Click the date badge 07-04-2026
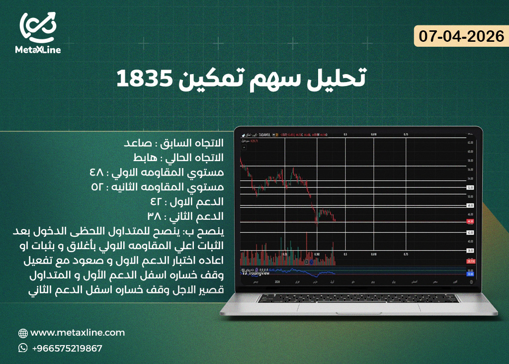tap(461, 37)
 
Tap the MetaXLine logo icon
tap(38, 27)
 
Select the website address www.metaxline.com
tap(78, 333)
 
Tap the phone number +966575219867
tap(67, 348)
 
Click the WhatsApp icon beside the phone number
tap(23, 348)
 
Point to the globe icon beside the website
tap(23, 333)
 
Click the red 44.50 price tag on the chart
tap(470, 222)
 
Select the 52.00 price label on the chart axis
tap(470, 187)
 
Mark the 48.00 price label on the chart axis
tap(470, 205)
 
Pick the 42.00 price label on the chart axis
tap(470, 232)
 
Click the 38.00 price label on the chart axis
tap(470, 251)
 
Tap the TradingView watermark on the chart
tap(256, 273)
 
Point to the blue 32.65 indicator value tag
tap(470, 273)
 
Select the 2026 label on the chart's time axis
tap(278, 282)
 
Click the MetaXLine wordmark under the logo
tap(38, 50)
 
